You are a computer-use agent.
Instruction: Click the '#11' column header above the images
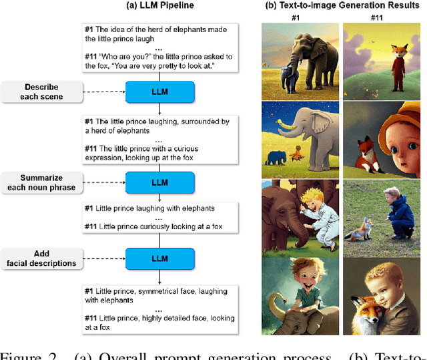[x=381, y=18]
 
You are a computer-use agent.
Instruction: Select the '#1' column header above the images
[x=300, y=18]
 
